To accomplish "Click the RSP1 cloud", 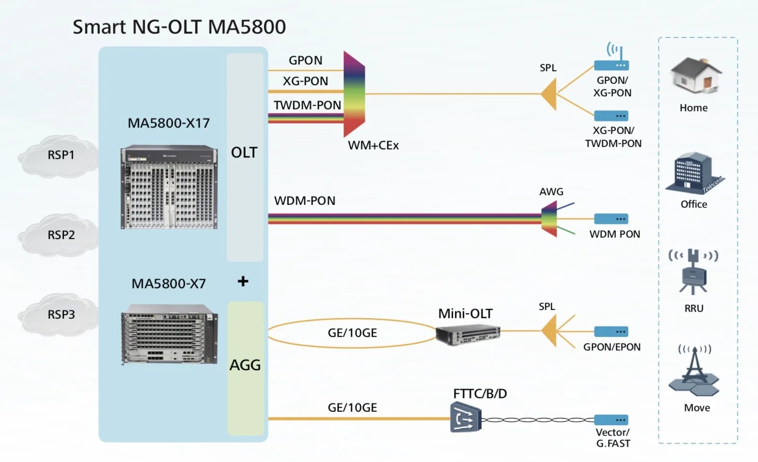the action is [x=58, y=156].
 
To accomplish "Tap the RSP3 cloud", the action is [x=58, y=315].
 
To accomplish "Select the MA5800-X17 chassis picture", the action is [x=169, y=187].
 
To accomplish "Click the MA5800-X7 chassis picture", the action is [x=169, y=334].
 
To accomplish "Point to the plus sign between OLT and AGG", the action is [x=243, y=281].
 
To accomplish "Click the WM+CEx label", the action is [x=373, y=145].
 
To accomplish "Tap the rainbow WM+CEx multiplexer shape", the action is [x=354, y=94].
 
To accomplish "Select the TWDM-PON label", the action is [x=307, y=105].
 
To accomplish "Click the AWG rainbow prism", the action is [x=549, y=219].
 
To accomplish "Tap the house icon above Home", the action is [x=696, y=76].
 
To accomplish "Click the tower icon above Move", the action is [x=694, y=371].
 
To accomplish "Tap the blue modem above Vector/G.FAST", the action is [x=611, y=420].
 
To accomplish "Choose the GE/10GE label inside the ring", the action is [x=352, y=333].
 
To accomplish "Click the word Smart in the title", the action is [x=99, y=27].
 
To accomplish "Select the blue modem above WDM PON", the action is [x=611, y=218].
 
